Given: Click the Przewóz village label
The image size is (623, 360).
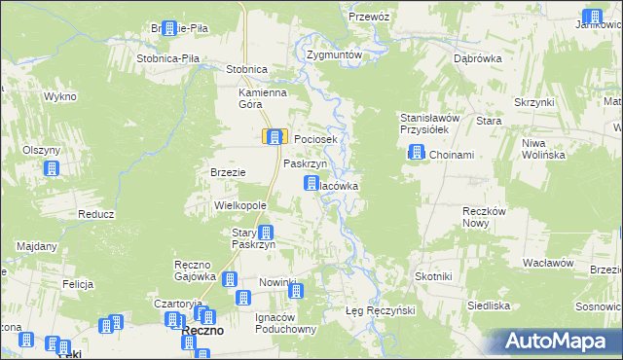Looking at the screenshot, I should pyautogui.click(x=369, y=18).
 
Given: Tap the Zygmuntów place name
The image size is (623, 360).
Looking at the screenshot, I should pyautogui.click(x=334, y=55).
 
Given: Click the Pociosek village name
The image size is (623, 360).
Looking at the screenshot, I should pyautogui.click(x=315, y=140).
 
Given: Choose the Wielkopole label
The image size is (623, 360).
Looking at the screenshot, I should pyautogui.click(x=240, y=207).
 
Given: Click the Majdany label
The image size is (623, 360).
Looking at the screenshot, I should pyautogui.click(x=37, y=246).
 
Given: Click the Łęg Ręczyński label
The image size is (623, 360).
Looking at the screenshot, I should pyautogui.click(x=381, y=310).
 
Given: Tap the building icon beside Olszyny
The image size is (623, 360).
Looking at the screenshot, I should pyautogui.click(x=52, y=169).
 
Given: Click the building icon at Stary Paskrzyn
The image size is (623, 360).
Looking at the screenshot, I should pyautogui.click(x=265, y=233).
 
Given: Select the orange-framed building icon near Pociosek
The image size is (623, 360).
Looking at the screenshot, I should pyautogui.click(x=275, y=138).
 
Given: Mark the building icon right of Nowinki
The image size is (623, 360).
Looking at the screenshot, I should pyautogui.click(x=296, y=290).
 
